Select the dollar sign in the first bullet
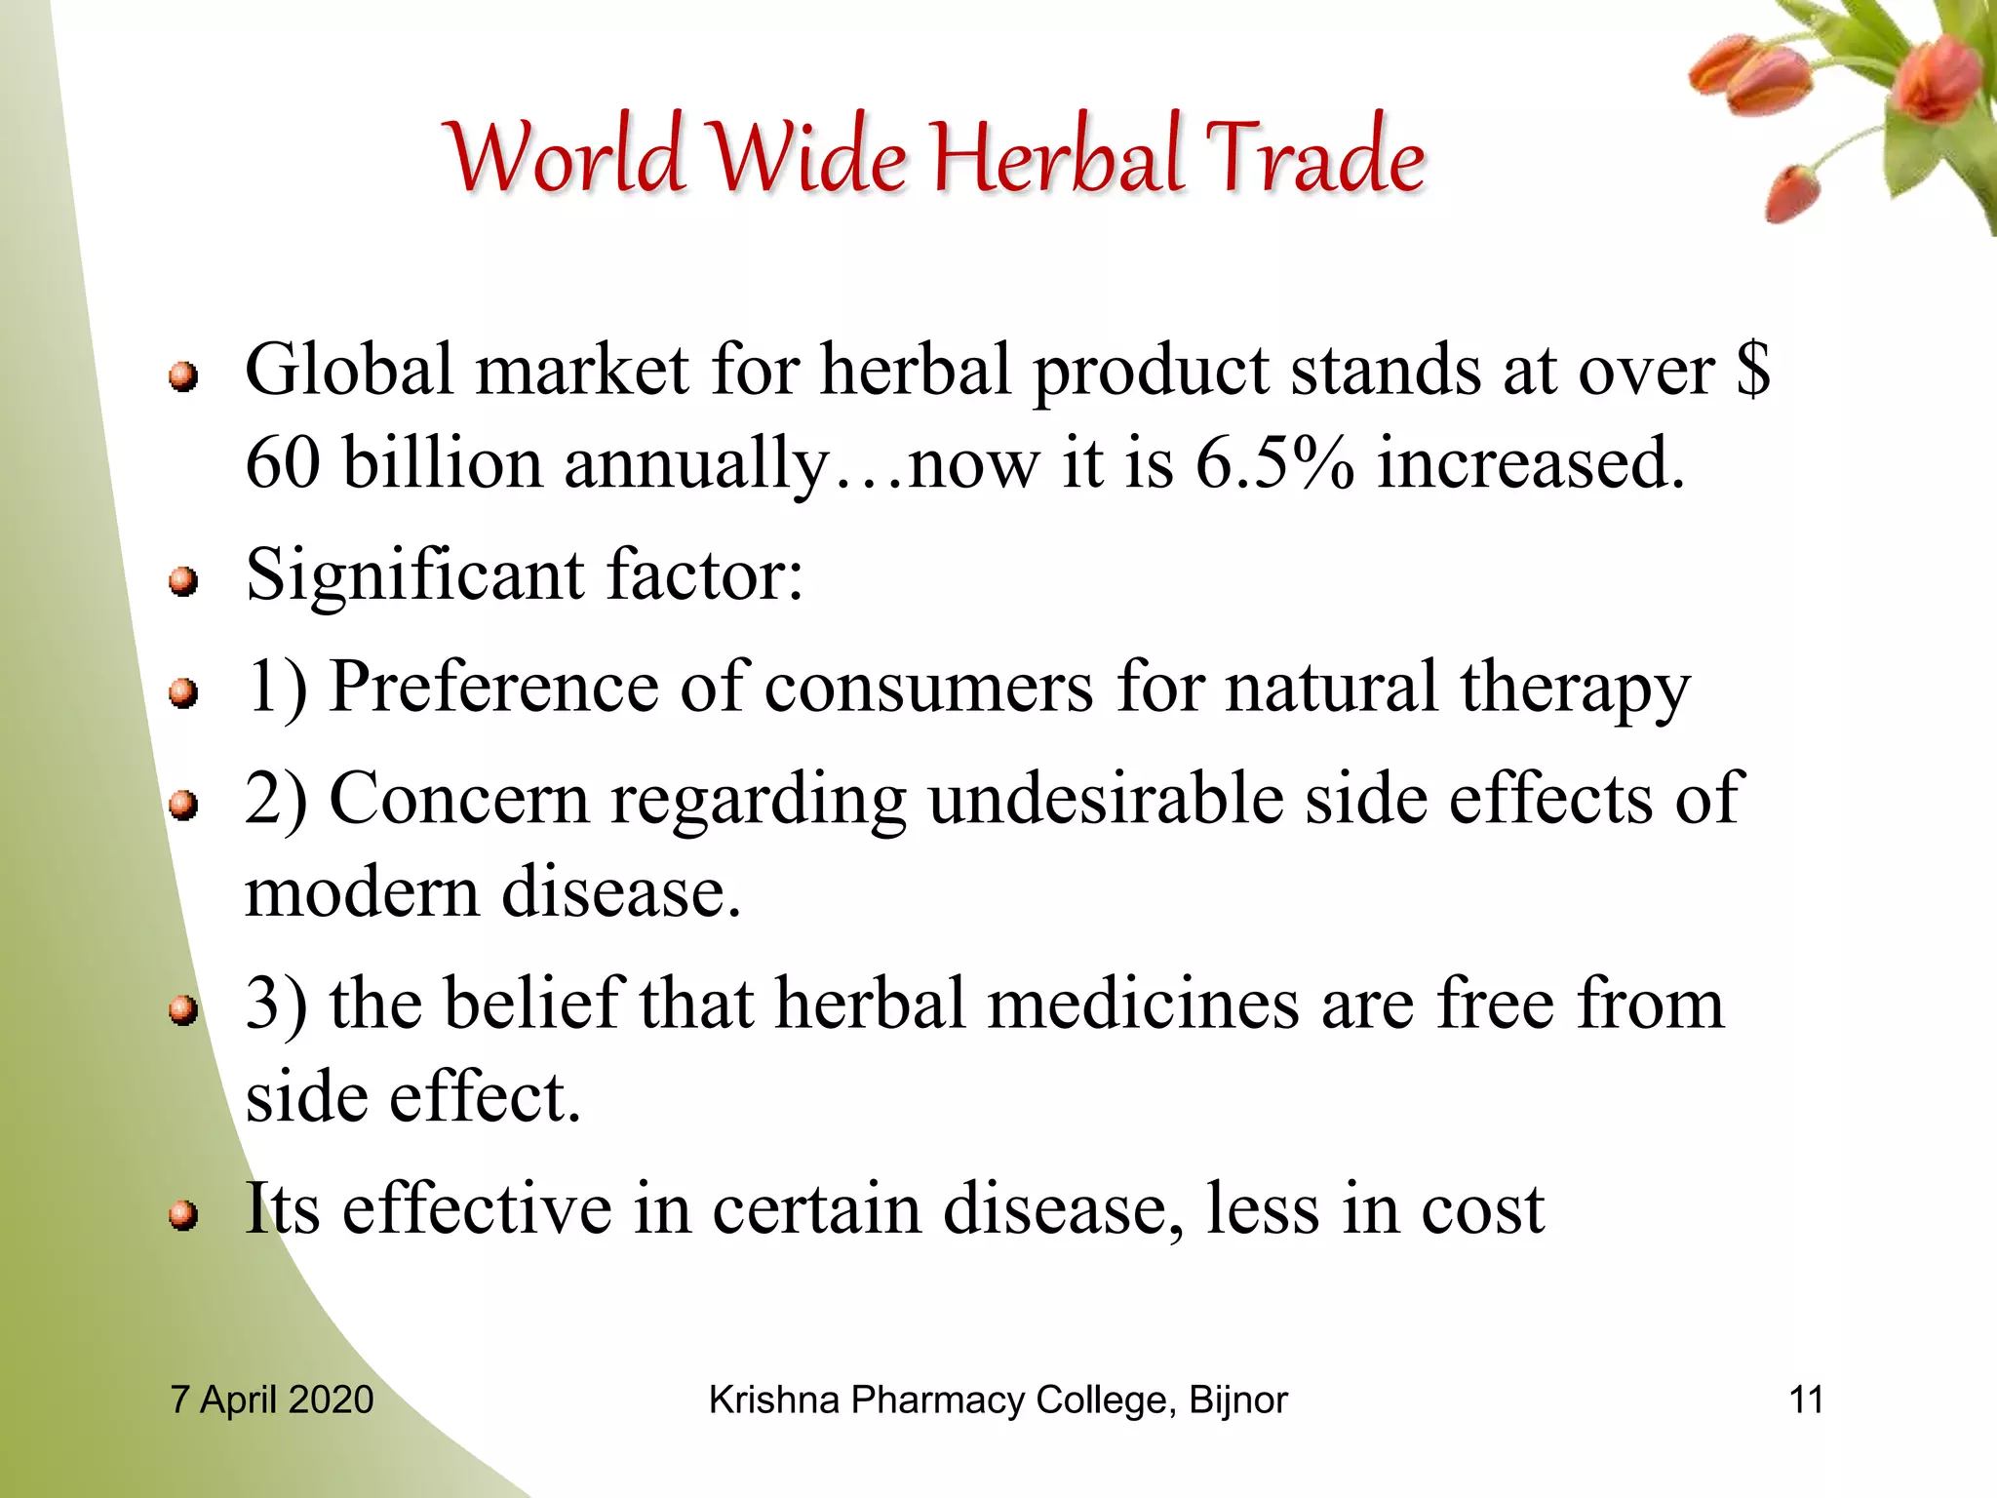[x=1752, y=370]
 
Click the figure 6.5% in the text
[x=1274, y=462]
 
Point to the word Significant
[x=415, y=575]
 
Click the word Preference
[x=493, y=688]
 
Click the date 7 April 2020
[x=272, y=1399]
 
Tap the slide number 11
[x=1806, y=1399]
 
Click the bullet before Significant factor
[x=182, y=582]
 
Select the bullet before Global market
[x=182, y=376]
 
